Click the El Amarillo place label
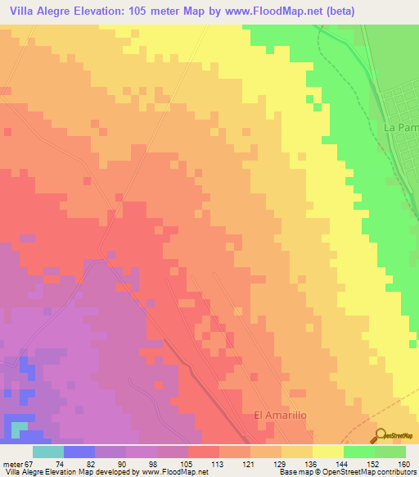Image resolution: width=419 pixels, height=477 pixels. coord(281,416)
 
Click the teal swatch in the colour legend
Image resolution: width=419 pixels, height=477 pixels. coord(48,452)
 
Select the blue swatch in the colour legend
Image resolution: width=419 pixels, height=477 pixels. coord(79,452)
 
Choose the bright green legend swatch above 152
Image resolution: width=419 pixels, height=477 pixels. coord(359,452)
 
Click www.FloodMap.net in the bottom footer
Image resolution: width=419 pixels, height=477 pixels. coord(173,472)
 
